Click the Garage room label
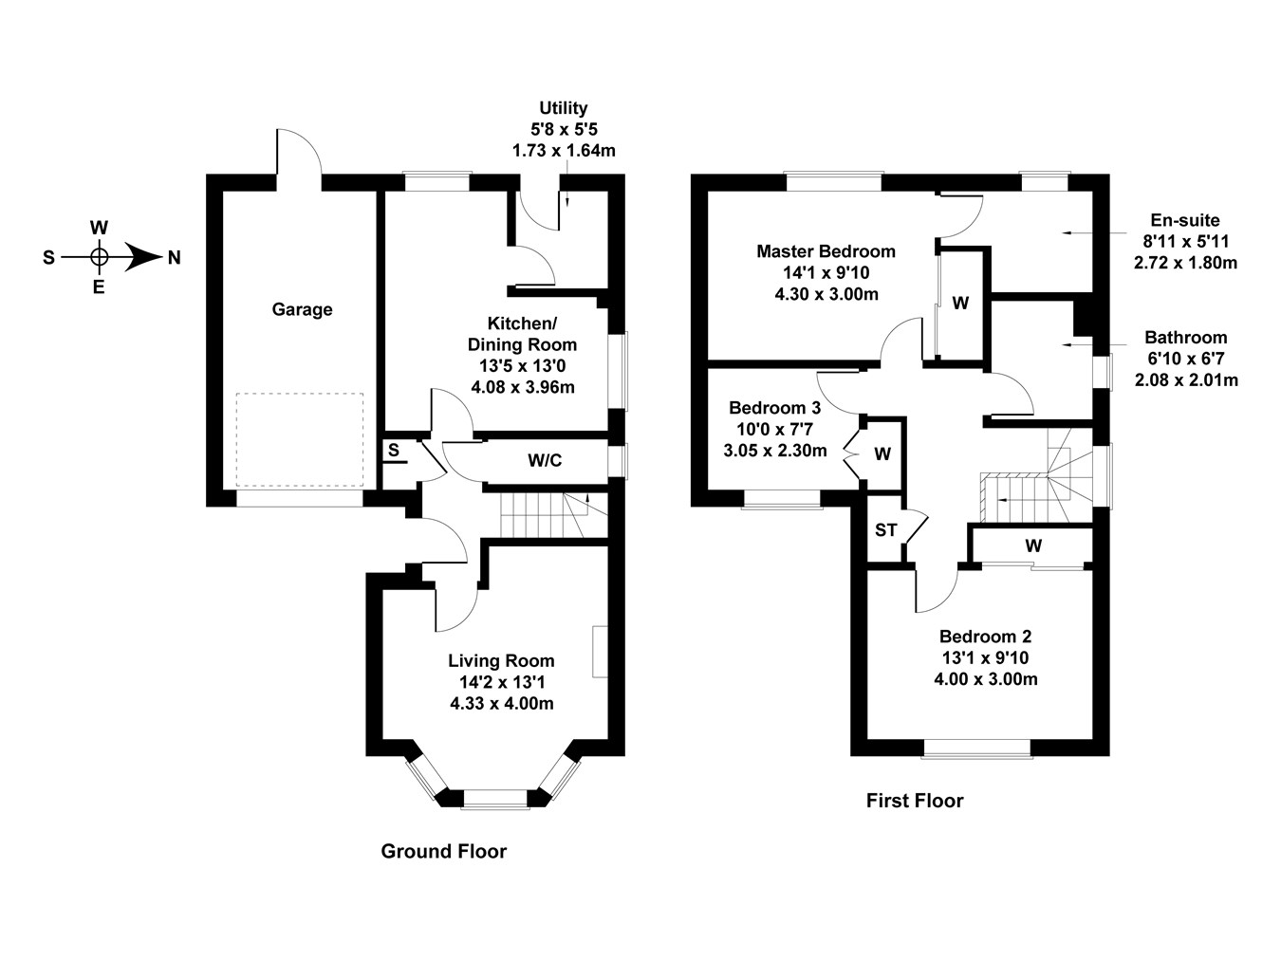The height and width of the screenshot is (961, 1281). pos(302,309)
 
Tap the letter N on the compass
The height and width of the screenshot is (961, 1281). pos(174,257)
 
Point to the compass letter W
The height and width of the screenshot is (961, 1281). pos(99,228)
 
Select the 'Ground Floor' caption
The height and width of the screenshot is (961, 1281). pos(443,851)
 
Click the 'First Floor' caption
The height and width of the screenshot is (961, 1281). pos(914,801)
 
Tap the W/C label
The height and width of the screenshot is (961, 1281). pos(545,461)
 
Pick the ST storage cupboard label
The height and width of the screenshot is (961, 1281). pos(885,530)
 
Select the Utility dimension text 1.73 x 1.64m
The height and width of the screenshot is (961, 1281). pos(564,150)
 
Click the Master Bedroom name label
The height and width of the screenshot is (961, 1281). pos(826,251)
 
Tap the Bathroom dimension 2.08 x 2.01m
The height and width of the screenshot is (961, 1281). pos(1186,380)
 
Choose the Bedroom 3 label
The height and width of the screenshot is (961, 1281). pos(774,408)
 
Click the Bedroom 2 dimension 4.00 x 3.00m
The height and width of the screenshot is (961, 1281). pos(985,679)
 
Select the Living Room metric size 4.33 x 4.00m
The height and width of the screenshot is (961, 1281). pos(501,703)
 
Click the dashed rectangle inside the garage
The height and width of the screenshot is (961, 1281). pos(300,440)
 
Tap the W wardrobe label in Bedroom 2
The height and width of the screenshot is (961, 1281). pos(1033,546)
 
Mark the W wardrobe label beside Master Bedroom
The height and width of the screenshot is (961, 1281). pos(960,304)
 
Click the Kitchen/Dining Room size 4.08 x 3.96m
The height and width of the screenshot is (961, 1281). pos(523,387)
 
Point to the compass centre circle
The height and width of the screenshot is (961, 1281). pos(99,256)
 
